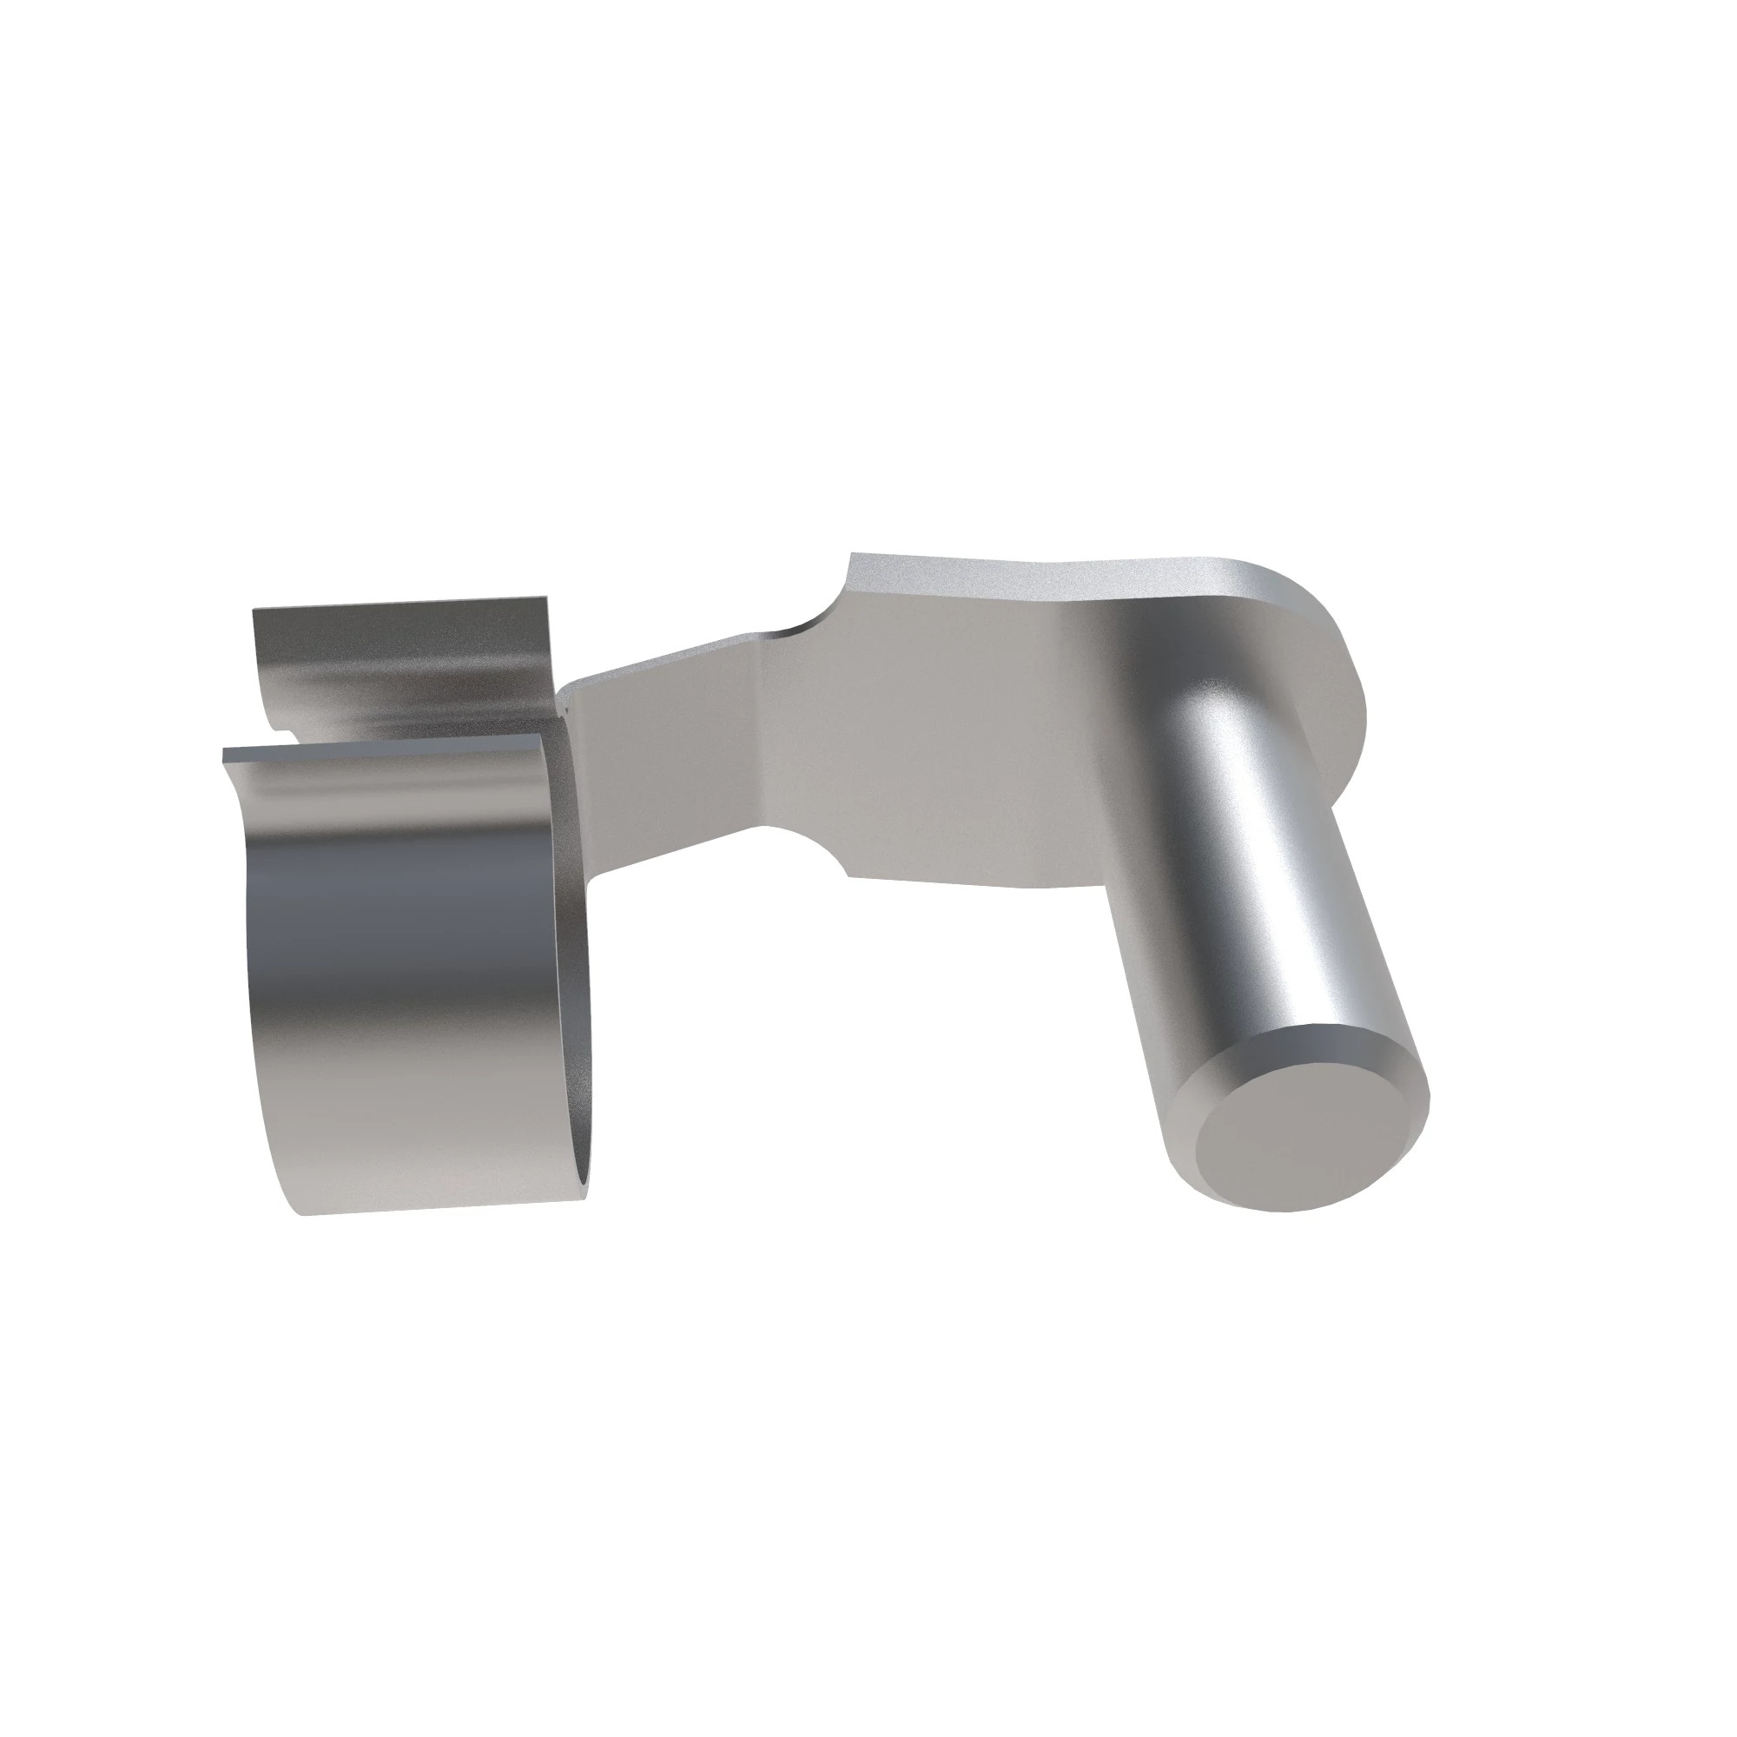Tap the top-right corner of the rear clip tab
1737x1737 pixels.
tap(544, 597)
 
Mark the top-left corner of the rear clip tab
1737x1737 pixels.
tap(255, 611)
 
